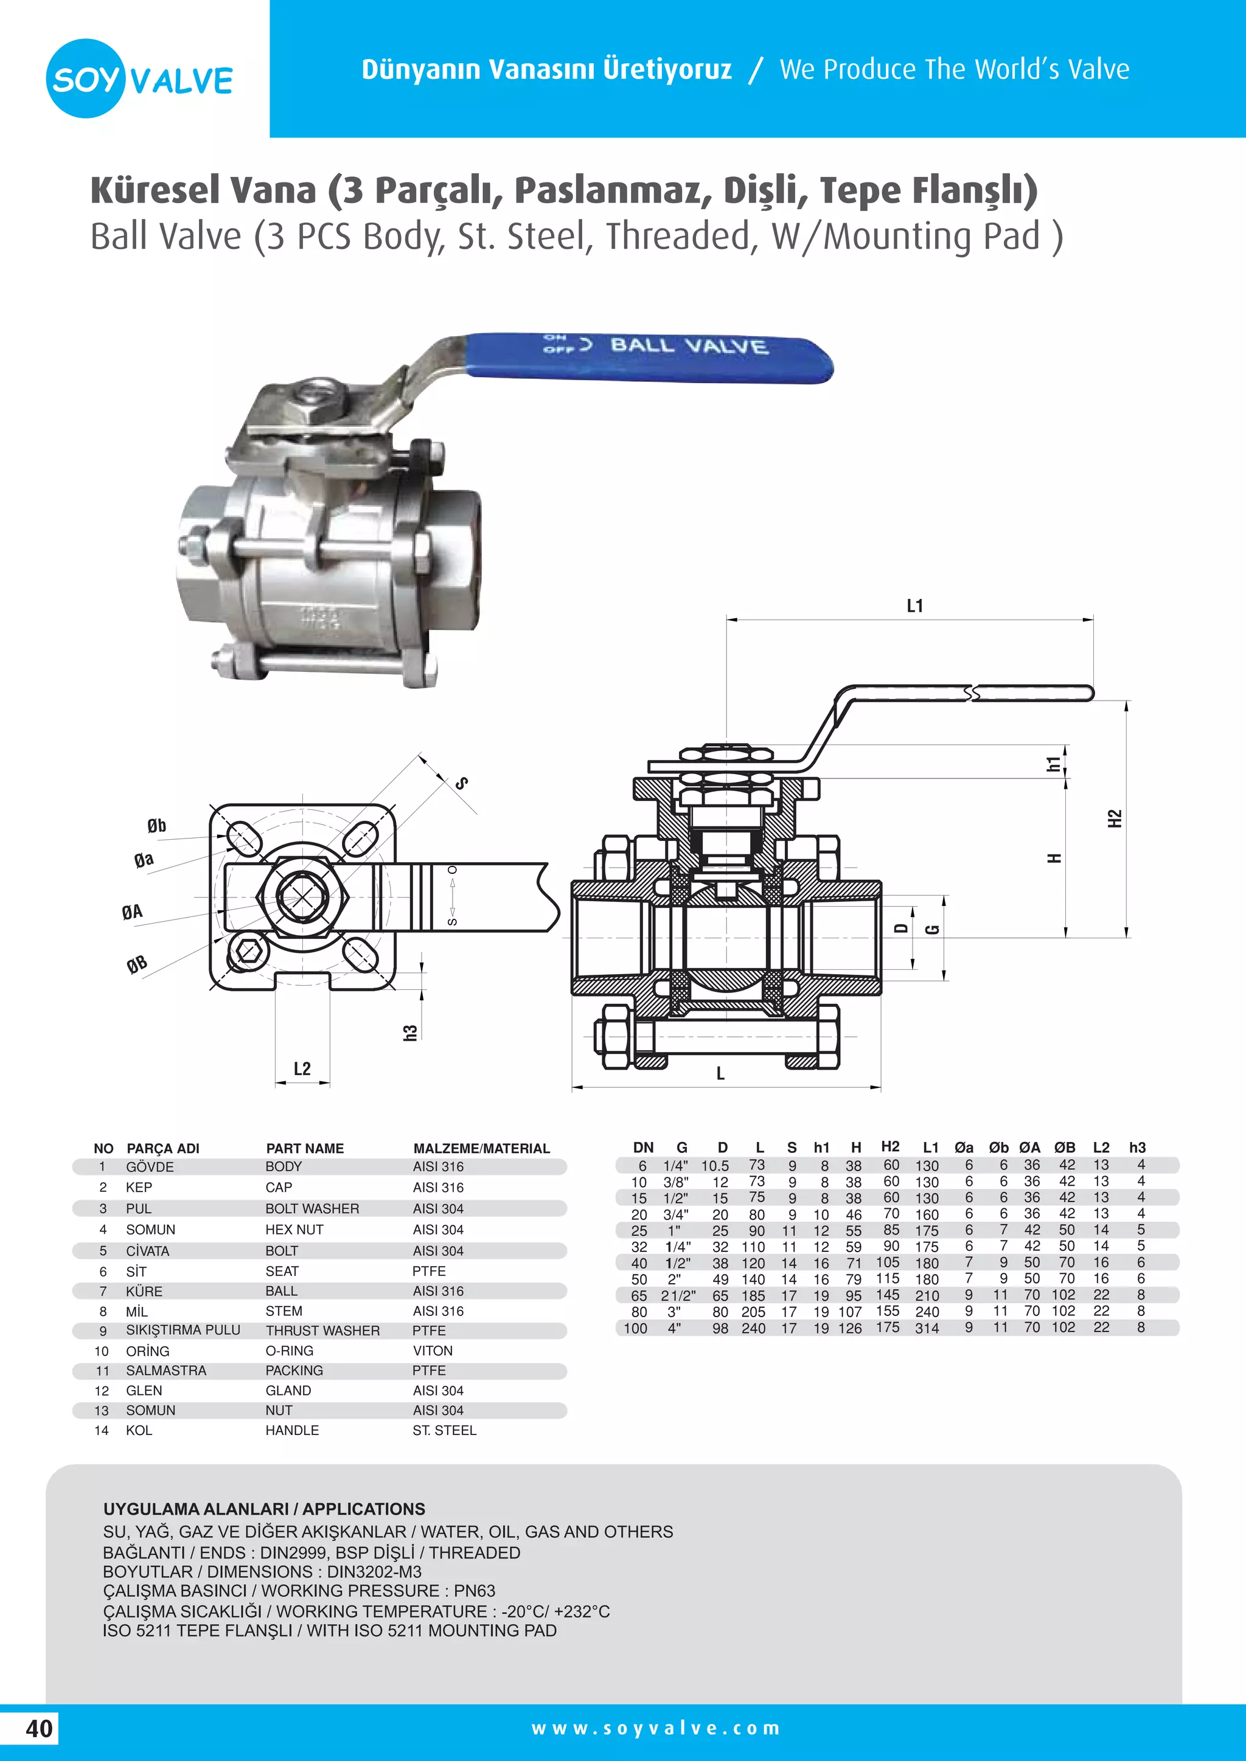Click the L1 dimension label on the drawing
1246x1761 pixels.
pyautogui.click(x=914, y=606)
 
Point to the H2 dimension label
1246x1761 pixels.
pyautogui.click(x=1115, y=818)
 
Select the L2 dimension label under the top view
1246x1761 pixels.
pyautogui.click(x=302, y=1068)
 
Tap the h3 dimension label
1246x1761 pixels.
pyautogui.click(x=411, y=1033)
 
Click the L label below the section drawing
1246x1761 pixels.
pyautogui.click(x=720, y=1074)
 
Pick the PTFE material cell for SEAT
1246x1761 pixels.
pyautogui.click(x=429, y=1271)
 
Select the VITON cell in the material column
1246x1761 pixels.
pyautogui.click(x=433, y=1351)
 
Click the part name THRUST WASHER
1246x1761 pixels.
pyautogui.click(x=322, y=1330)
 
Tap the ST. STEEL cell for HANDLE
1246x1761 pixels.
pyautogui.click(x=444, y=1430)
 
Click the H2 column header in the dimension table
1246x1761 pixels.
pyautogui.click(x=890, y=1147)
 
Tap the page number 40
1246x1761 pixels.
pyautogui.click(x=39, y=1729)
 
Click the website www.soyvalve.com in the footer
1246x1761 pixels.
pyautogui.click(x=655, y=1729)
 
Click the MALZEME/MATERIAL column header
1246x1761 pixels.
pyautogui.click(x=481, y=1148)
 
